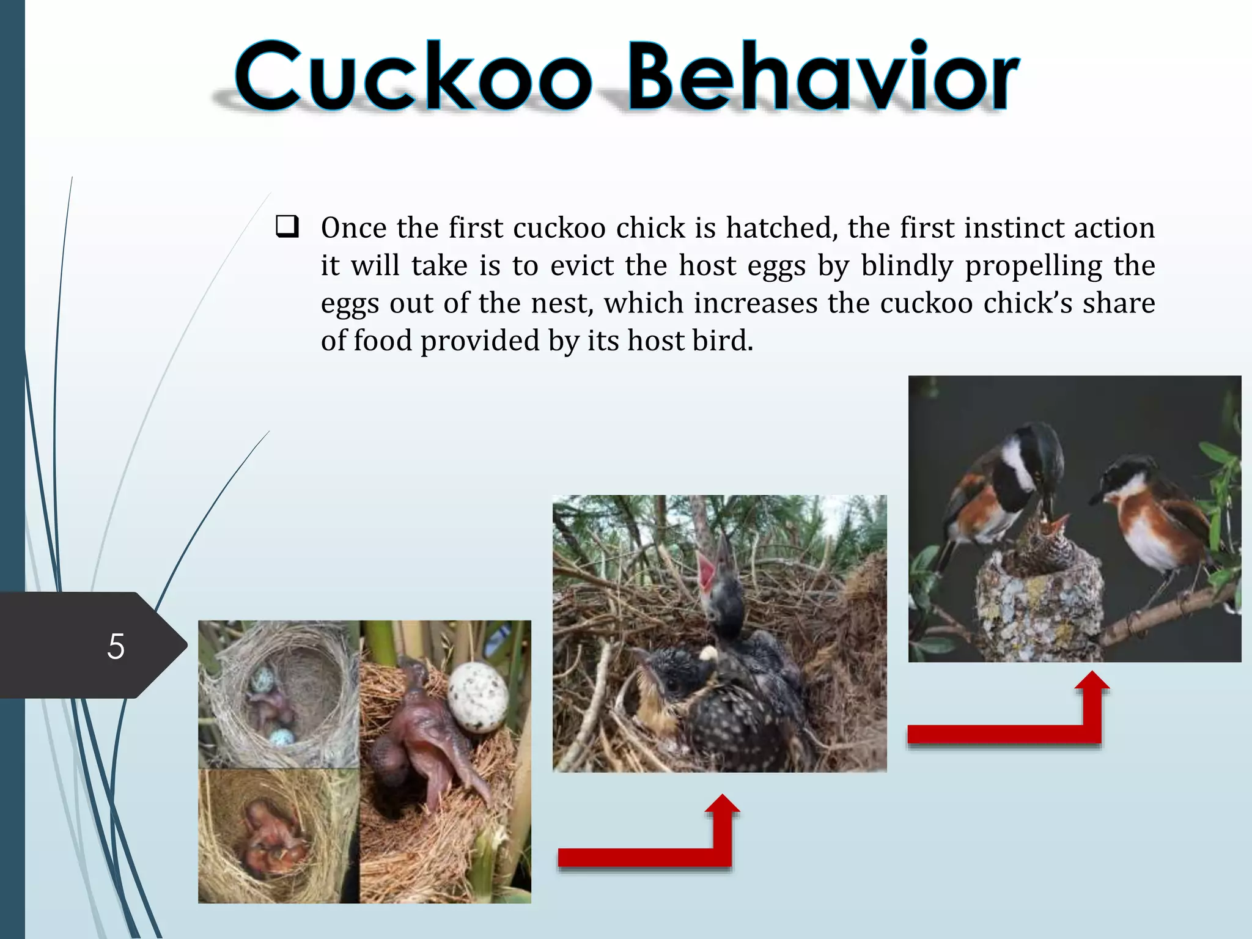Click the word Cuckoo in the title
coord(413,76)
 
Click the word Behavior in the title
coord(822,76)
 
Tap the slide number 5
coord(116,646)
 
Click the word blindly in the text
coord(907,266)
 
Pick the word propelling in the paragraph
coord(1034,266)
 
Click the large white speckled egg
coord(477,698)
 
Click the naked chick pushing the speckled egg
coord(422,734)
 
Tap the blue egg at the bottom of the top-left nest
coord(282,737)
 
